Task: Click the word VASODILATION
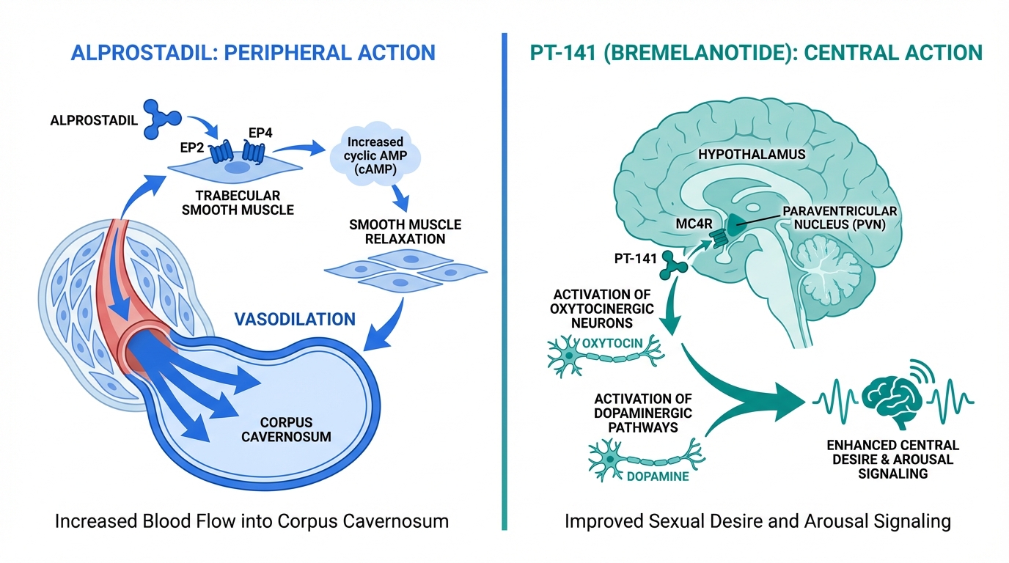point(295,319)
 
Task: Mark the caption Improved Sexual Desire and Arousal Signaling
point(757,522)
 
